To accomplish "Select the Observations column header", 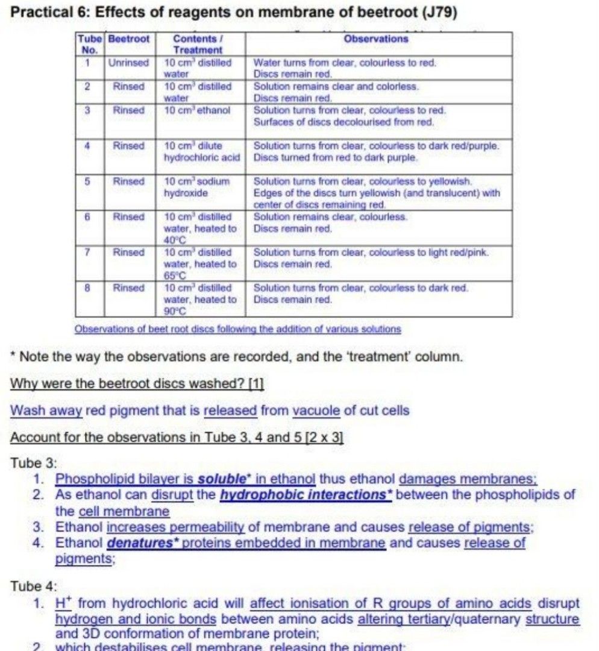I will [375, 39].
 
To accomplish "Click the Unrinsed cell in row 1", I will [128, 62].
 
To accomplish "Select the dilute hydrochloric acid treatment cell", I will [201, 152].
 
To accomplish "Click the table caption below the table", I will [237, 329].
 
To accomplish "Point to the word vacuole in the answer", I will [316, 410].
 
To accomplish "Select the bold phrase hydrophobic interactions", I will [306, 495].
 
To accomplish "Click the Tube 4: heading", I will [34, 586].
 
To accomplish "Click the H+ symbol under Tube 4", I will [63, 603].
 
